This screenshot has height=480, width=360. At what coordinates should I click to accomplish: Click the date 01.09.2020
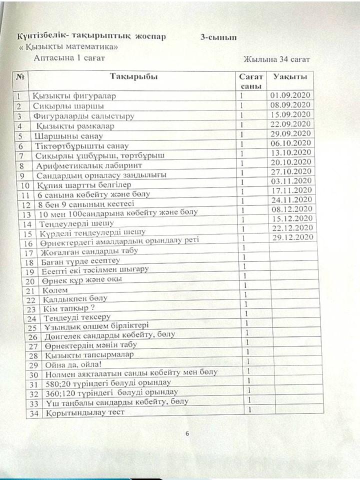[x=290, y=95]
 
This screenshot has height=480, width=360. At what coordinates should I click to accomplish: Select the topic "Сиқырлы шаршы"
[x=69, y=106]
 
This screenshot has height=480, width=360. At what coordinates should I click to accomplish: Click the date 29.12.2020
[x=291, y=237]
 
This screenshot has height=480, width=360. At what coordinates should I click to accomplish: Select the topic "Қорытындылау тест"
[x=85, y=413]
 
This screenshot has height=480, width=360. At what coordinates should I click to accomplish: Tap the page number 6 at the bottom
[x=187, y=433]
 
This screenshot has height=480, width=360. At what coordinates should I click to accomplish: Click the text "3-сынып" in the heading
[x=218, y=37]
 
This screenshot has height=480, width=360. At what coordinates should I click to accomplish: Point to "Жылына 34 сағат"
[x=276, y=59]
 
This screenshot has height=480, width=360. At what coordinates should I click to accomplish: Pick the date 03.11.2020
[x=290, y=180]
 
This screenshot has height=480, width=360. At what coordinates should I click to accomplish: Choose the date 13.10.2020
[x=290, y=152]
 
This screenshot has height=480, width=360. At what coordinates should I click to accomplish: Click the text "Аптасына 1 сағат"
[x=69, y=58]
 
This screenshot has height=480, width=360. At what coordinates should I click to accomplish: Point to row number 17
[x=29, y=253]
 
